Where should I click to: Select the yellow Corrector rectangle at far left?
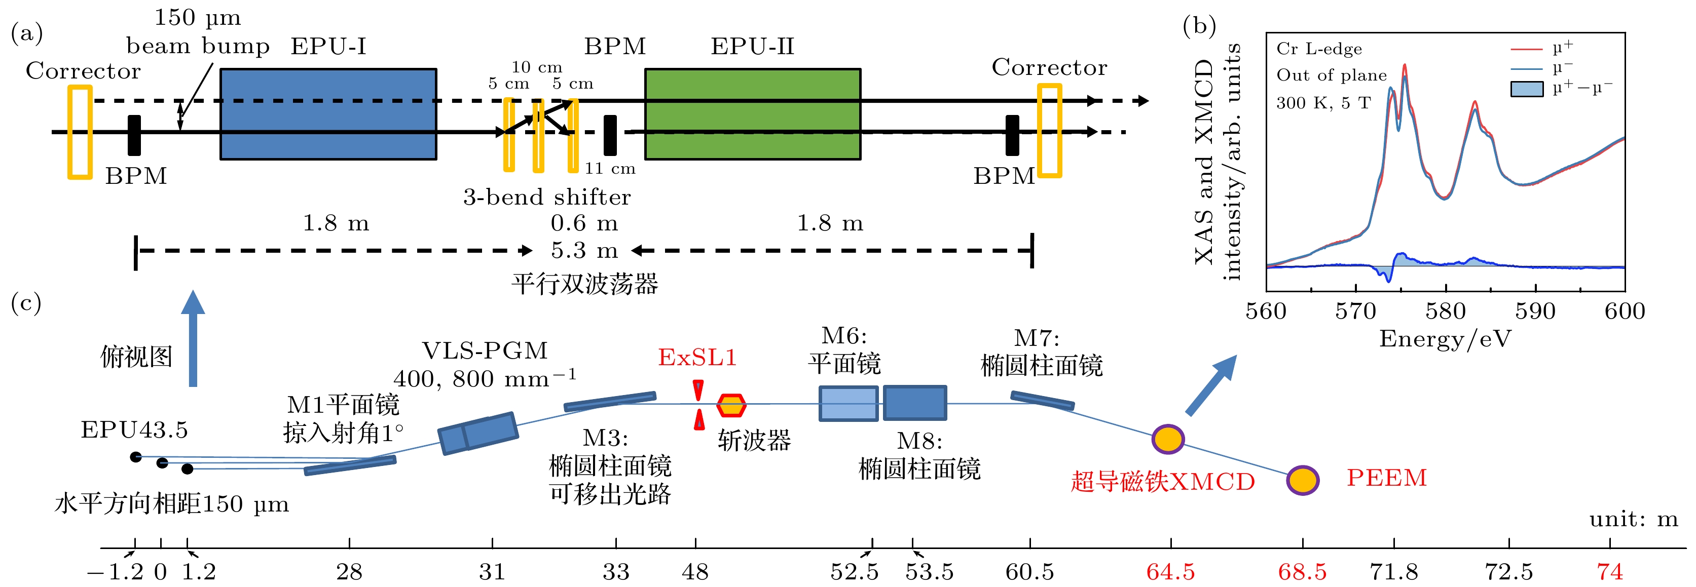coord(80,132)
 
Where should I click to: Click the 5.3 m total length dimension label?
coord(584,251)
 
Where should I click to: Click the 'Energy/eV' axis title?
coord(1445,339)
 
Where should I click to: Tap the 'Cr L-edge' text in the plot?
coord(1319,49)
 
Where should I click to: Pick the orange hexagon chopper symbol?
coord(731,405)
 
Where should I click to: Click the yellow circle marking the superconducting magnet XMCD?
coord(1168,439)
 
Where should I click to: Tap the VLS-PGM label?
coord(485,351)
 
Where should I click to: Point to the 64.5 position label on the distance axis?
coord(1170,572)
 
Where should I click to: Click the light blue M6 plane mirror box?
coord(848,403)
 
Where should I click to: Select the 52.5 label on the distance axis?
coord(854,572)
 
